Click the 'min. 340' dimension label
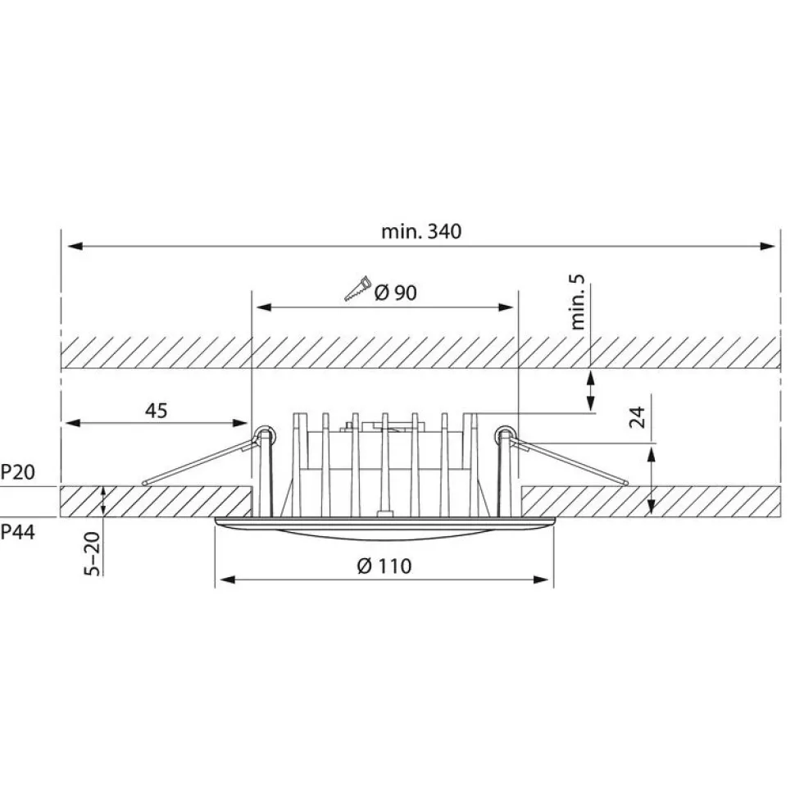click(x=421, y=231)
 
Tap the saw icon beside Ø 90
click(x=358, y=289)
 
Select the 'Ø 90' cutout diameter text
click(x=396, y=293)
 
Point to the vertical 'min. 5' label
click(x=578, y=302)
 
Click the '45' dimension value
click(x=156, y=411)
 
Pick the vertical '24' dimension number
click(x=637, y=416)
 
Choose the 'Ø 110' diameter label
click(x=384, y=566)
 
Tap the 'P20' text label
click(x=17, y=472)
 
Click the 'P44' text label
click(x=17, y=533)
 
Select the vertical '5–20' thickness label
click(x=93, y=553)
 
